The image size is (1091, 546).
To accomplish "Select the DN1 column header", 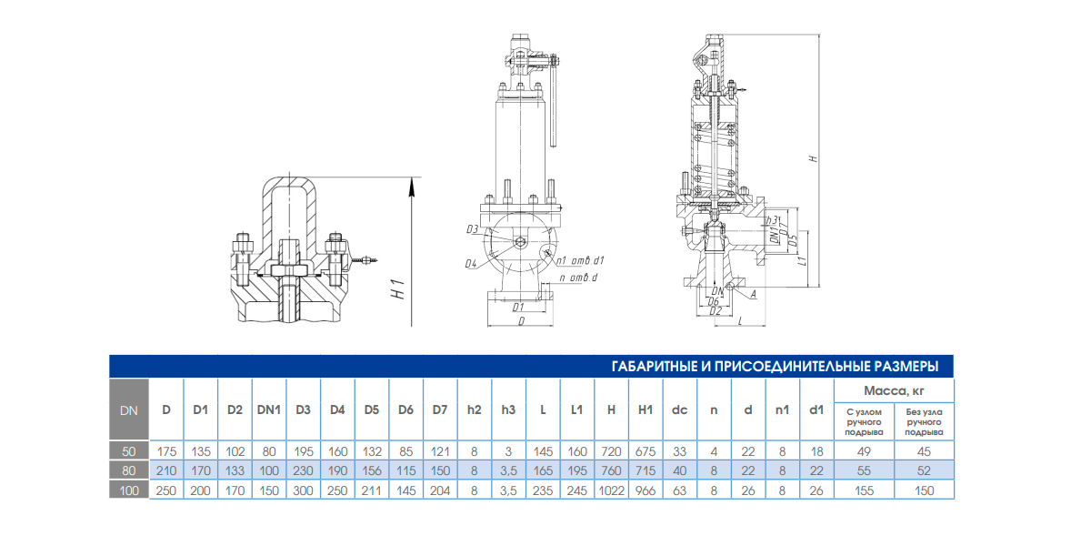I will [x=268, y=409].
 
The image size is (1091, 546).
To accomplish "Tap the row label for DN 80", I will [x=128, y=470].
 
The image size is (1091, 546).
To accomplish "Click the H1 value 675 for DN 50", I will [x=646, y=450].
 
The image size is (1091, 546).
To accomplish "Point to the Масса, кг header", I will [x=894, y=391].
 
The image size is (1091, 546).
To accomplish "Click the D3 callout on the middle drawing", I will [x=472, y=228].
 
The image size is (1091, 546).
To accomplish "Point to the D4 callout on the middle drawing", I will [x=471, y=264].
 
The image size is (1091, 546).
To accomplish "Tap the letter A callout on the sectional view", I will [x=754, y=294].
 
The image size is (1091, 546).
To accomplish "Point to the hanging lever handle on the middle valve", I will [x=554, y=109].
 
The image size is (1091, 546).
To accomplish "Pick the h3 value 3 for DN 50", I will [x=508, y=450].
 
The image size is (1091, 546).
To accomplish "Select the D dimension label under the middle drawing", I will [x=521, y=321].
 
